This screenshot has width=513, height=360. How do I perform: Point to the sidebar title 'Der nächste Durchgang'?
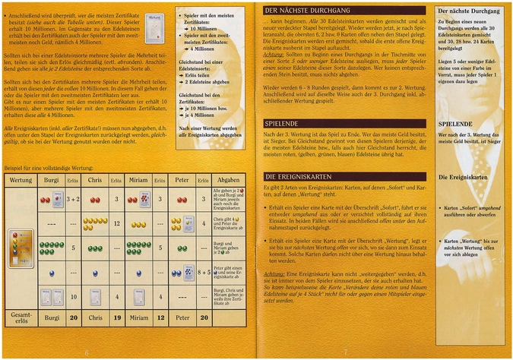click(467, 12)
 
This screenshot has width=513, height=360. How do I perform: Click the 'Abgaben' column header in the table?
click(228, 180)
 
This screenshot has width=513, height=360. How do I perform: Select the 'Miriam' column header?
click(138, 180)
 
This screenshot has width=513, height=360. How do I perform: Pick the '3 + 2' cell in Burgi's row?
click(73, 199)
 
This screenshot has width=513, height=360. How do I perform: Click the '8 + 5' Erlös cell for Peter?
click(204, 272)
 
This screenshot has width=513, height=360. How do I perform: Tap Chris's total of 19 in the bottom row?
click(117, 317)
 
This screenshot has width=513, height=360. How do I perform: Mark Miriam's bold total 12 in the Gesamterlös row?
click(160, 317)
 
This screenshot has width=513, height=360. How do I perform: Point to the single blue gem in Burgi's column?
click(52, 272)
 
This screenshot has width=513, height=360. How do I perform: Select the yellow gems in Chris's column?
click(95, 223)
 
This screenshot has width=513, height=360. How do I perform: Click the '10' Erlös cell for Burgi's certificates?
click(73, 296)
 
